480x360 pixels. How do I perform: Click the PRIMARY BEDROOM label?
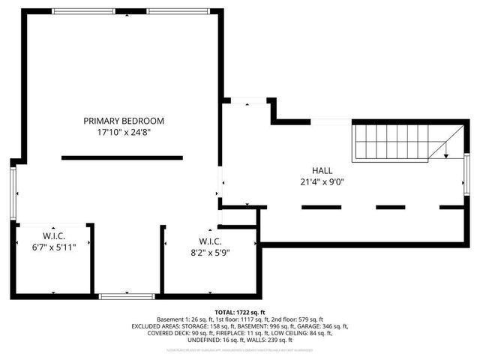click(124, 121)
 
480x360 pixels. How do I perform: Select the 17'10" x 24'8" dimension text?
click(124, 132)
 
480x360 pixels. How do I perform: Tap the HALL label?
click(322, 170)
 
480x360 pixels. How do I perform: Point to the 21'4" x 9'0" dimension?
click(322, 181)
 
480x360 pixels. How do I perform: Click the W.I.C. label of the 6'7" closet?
click(52, 235)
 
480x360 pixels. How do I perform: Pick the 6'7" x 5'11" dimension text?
click(52, 247)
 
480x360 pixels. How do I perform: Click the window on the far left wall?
click(13, 191)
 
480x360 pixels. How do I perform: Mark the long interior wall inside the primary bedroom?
click(122, 157)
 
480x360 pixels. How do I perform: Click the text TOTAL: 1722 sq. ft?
click(240, 312)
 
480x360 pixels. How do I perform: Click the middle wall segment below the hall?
click(391, 207)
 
